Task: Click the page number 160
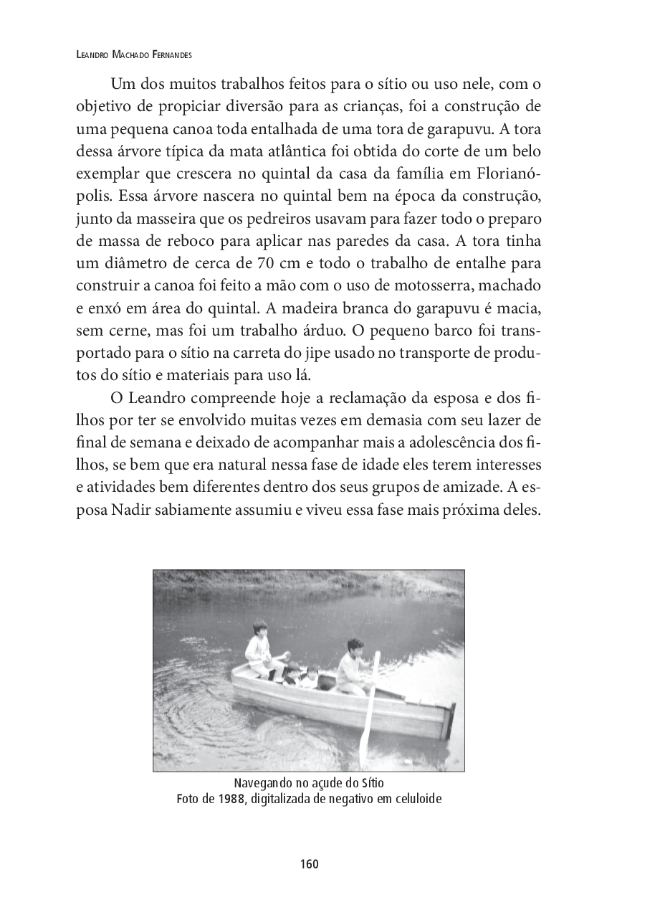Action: [x=309, y=864]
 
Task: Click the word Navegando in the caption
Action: [x=264, y=782]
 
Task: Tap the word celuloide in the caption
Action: [x=413, y=799]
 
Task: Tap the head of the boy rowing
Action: [x=354, y=645]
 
